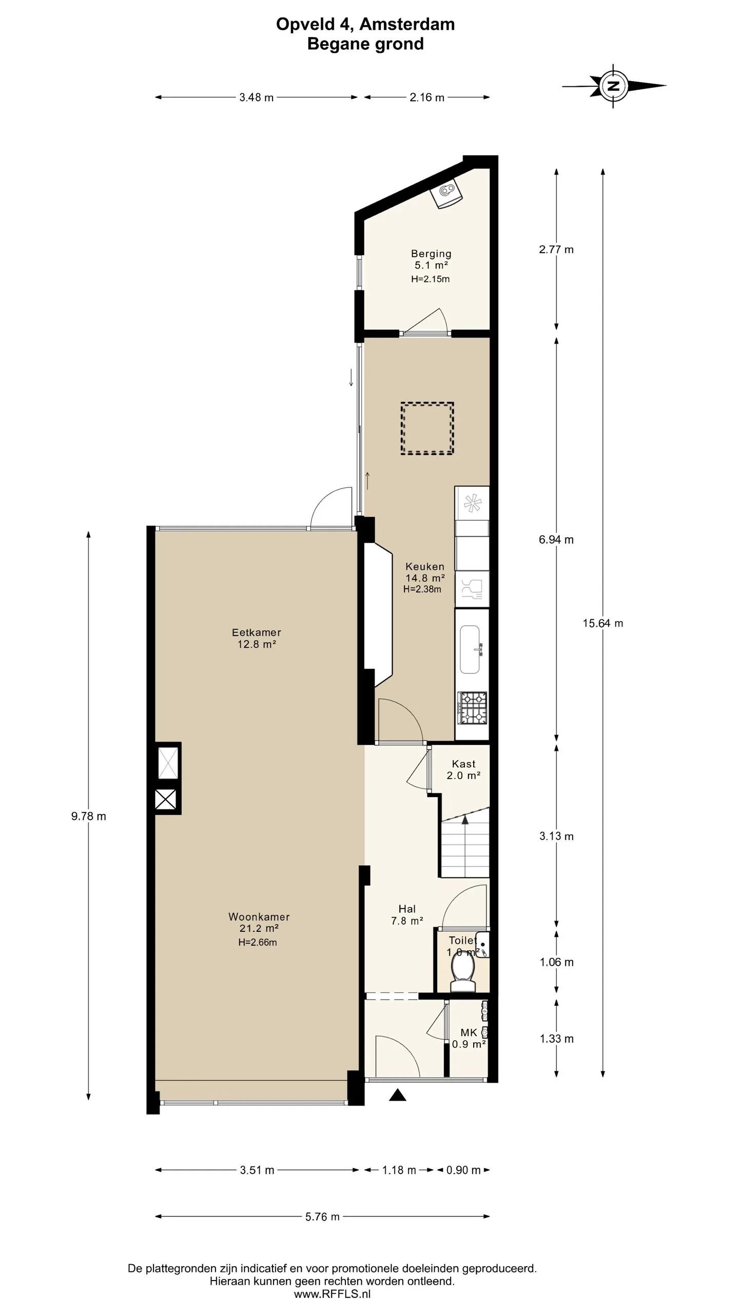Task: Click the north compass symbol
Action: click(614, 86)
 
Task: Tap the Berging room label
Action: click(431, 254)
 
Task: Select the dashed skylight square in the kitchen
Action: click(427, 428)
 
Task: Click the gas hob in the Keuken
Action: click(473, 707)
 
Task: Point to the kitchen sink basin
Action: click(470, 649)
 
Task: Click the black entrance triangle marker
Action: click(398, 1095)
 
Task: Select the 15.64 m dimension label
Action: click(603, 623)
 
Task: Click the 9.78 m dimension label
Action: click(89, 816)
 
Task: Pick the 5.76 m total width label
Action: click(323, 1216)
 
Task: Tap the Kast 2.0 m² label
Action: click(463, 769)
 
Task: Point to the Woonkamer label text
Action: click(259, 916)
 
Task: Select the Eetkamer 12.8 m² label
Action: click(257, 638)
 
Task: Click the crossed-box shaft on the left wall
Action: click(166, 800)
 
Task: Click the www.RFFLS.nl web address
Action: click(332, 1294)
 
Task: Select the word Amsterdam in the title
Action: click(406, 24)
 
